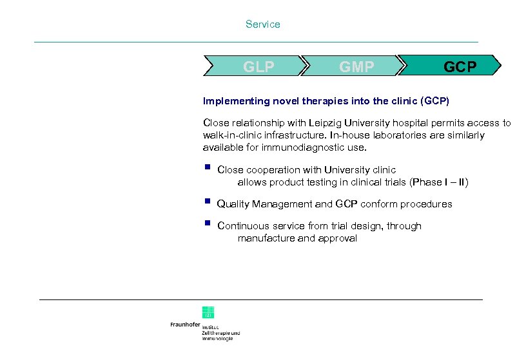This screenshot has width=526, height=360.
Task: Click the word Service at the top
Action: (262, 24)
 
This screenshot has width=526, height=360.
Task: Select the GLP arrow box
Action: (258, 66)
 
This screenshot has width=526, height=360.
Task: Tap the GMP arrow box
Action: (356, 66)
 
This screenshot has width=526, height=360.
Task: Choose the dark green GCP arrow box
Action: (459, 66)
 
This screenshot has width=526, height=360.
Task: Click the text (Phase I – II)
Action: (440, 182)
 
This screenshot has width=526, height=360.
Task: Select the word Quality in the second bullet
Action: (233, 204)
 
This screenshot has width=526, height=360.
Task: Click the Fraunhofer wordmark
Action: (185, 325)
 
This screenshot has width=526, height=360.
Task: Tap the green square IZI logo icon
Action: (208, 312)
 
